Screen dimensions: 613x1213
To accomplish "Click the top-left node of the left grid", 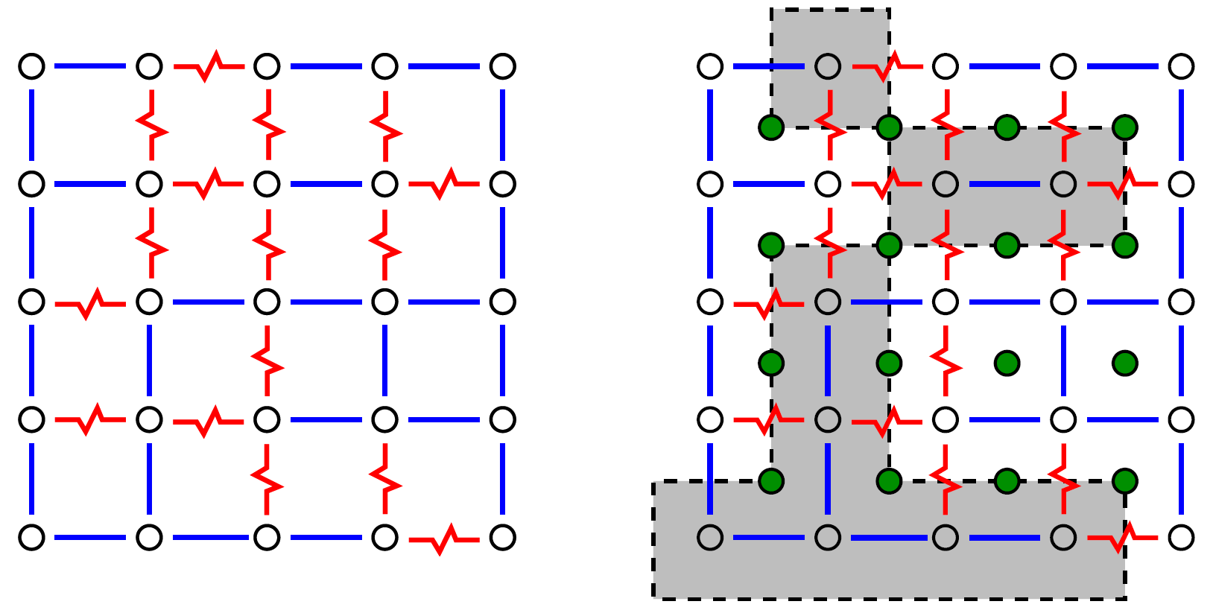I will pyautogui.click(x=31, y=66).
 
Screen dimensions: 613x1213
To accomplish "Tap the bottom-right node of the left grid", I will pyautogui.click(x=503, y=537).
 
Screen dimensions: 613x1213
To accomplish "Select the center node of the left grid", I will pyautogui.click(x=267, y=302).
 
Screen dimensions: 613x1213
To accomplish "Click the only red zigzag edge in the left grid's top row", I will pyautogui.click(x=209, y=66).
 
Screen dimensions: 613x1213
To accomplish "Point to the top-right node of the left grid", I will pyautogui.click(x=503, y=66).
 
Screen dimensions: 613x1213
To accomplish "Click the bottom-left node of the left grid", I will pyautogui.click(x=31, y=537).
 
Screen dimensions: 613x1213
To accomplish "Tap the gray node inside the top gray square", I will pyautogui.click(x=828, y=66).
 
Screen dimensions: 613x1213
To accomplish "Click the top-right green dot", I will pyautogui.click(x=1124, y=127).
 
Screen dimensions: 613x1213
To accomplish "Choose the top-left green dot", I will pyautogui.click(x=771, y=127).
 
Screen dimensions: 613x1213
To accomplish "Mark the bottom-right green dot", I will pyautogui.click(x=1124, y=480).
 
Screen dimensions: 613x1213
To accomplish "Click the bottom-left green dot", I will pyautogui.click(x=771, y=480).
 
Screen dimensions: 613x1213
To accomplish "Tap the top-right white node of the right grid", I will pyautogui.click(x=1181, y=66).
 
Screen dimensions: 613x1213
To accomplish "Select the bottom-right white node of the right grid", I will pyautogui.click(x=1181, y=537).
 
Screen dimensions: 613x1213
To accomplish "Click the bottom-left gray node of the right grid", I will pyautogui.click(x=710, y=537).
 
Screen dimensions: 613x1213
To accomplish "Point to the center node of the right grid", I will pyautogui.click(x=946, y=302).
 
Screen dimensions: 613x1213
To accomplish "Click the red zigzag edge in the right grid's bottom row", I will pyautogui.click(x=1123, y=537).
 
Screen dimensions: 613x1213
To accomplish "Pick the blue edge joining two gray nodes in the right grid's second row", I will pyautogui.click(x=1004, y=183).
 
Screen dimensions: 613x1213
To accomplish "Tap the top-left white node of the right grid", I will pyautogui.click(x=710, y=66).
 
